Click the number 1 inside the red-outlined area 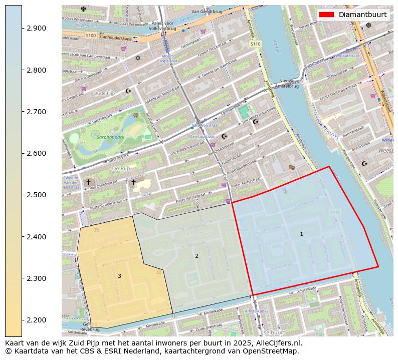point(301,234)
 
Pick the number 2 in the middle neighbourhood point(196,256)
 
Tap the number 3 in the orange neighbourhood point(119,276)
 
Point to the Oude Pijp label point(105,93)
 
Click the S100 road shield point(90,36)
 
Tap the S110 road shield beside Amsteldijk point(255,44)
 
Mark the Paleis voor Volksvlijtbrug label point(162,26)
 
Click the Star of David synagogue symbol point(138,58)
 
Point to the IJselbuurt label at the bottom point(273,332)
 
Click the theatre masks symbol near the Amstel point(292,167)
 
